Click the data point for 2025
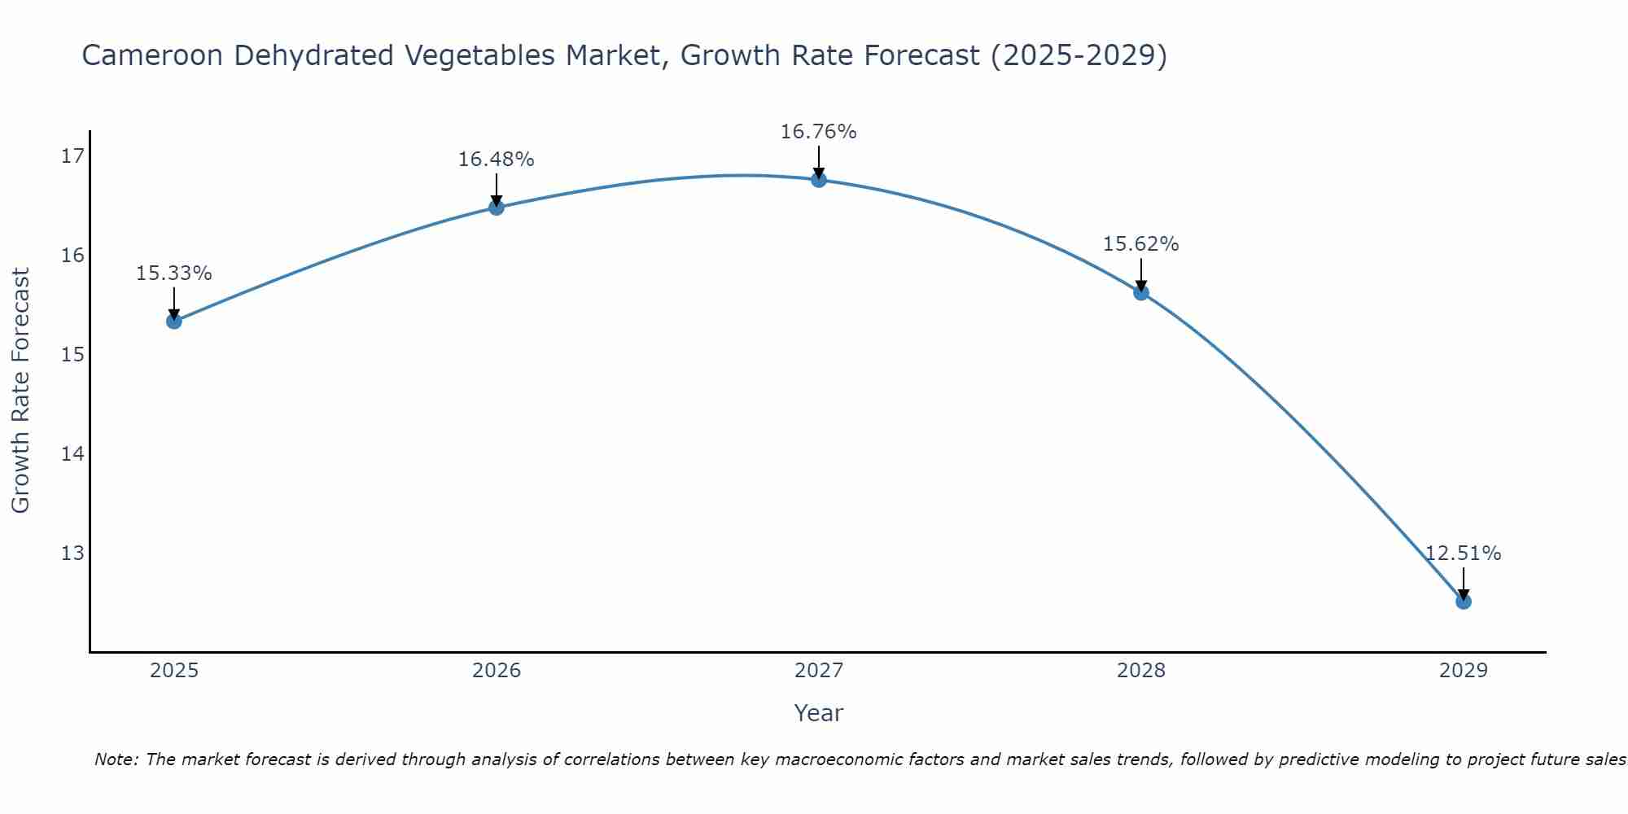(x=173, y=321)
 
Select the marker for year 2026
(x=496, y=207)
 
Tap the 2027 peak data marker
(x=819, y=179)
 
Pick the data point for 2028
(x=1141, y=292)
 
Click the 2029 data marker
(x=1463, y=602)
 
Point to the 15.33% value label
(x=173, y=274)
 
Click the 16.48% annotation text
(x=496, y=160)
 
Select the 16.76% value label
(x=818, y=132)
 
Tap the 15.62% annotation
(x=1140, y=244)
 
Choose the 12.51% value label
(x=1463, y=554)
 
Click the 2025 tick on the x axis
(x=174, y=671)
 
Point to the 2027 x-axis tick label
(x=819, y=671)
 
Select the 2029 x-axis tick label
(x=1464, y=671)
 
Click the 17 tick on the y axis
(x=72, y=156)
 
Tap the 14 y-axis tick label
(x=72, y=453)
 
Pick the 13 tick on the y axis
(x=72, y=554)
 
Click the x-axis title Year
(x=818, y=713)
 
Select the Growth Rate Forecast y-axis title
(x=21, y=391)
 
